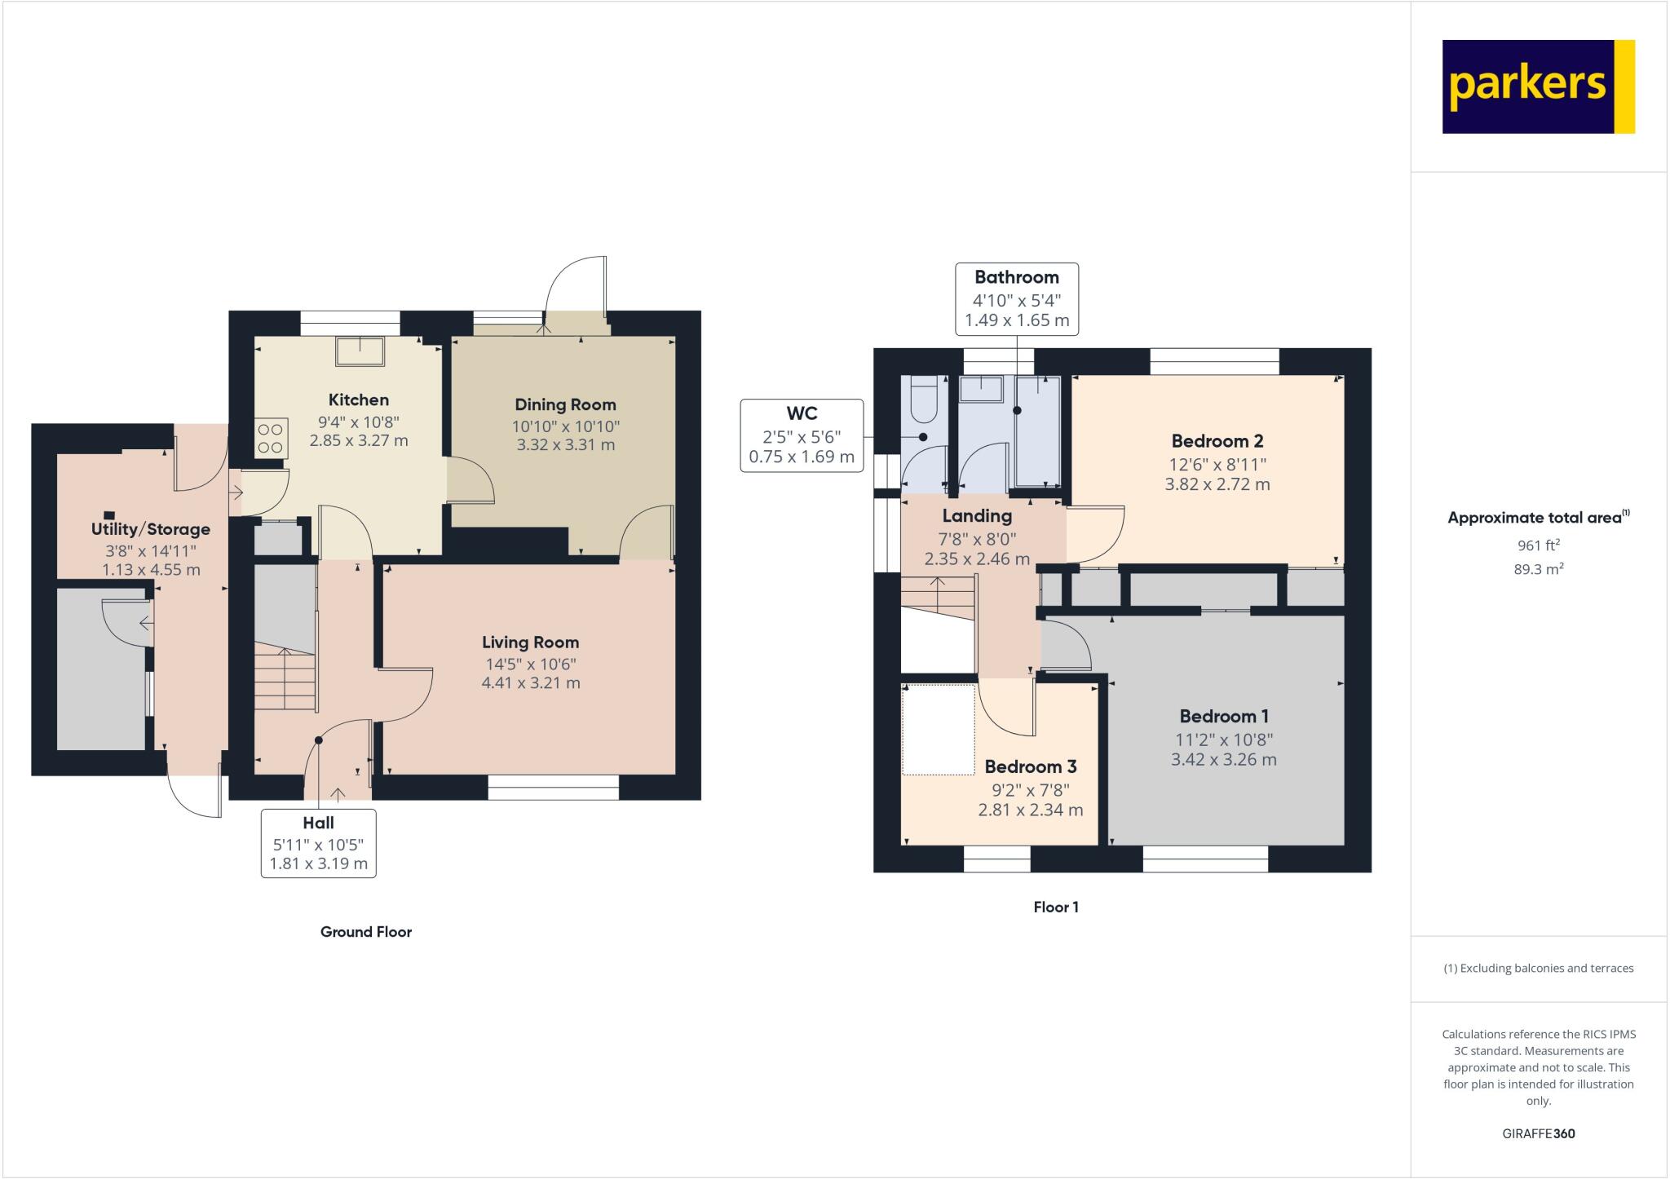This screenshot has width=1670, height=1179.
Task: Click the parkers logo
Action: [x=1538, y=86]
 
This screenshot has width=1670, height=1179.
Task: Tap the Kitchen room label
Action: [x=358, y=400]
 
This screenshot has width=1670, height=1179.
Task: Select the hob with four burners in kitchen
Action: [x=272, y=437]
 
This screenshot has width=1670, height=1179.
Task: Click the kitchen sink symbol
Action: [x=360, y=351]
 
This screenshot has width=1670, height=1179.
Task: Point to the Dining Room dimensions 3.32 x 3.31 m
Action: [x=565, y=445]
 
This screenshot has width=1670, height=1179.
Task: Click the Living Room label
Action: [x=530, y=642]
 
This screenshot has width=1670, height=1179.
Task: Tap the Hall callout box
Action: [x=318, y=843]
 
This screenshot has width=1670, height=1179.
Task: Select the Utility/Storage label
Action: [x=150, y=529]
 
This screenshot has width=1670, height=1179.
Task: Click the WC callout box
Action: [x=801, y=435]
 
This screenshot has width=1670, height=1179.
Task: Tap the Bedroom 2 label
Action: [x=1217, y=441]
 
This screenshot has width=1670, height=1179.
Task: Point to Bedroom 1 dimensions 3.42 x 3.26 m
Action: [x=1223, y=760]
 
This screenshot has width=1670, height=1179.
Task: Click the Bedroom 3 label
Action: [x=1030, y=766]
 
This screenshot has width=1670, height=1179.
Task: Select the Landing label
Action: [x=976, y=515]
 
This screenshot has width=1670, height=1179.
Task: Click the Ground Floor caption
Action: [x=365, y=932]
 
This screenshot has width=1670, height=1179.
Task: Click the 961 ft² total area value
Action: [x=1537, y=545]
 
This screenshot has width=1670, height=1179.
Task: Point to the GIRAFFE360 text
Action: [x=1538, y=1133]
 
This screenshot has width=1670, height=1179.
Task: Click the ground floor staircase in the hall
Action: [x=285, y=677]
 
